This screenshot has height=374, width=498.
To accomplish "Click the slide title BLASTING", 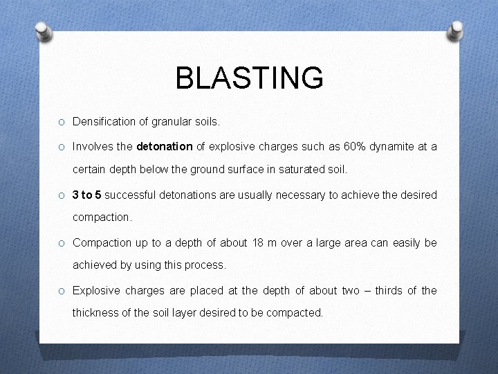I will (x=249, y=78).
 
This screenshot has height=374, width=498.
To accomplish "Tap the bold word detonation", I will (x=165, y=147).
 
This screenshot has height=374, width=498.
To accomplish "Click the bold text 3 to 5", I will (x=86, y=195).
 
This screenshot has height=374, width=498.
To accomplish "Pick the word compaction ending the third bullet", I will (x=101, y=217).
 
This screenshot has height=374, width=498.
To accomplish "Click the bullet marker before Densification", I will (x=62, y=123).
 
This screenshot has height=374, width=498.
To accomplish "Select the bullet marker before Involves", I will (x=62, y=147).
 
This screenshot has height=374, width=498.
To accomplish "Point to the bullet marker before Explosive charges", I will (x=62, y=291).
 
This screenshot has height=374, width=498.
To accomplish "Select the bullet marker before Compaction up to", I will (x=62, y=243).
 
